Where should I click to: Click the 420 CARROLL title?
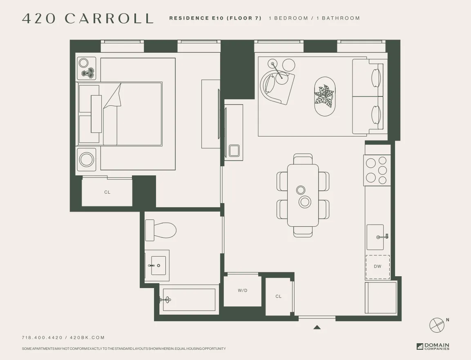click(87, 18)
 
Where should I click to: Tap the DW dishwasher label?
click(377, 266)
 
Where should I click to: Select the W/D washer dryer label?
click(243, 291)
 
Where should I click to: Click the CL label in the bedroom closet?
click(107, 192)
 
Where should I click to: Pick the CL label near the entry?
click(278, 296)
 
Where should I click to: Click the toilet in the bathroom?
click(161, 230)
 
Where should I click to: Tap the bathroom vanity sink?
click(157, 266)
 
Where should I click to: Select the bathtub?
click(189, 300)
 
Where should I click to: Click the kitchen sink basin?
click(375, 237)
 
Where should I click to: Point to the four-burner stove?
click(377, 170)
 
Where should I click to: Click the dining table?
click(303, 195)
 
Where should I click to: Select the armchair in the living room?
click(276, 86)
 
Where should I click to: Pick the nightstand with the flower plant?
click(86, 68)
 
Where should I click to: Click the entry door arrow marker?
click(317, 327)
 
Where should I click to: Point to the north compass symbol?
click(437, 324)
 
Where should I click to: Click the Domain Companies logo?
click(433, 347)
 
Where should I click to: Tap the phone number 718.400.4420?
click(42, 338)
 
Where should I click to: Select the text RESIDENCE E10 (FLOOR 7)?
click(215, 18)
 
